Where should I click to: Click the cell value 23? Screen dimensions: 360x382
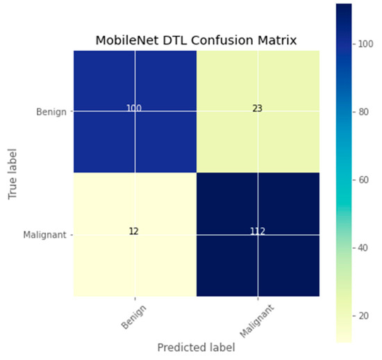(258, 109)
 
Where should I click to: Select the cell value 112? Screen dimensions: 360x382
(258, 231)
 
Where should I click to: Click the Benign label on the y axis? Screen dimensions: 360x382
(52, 111)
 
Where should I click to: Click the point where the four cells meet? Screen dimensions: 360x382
(197, 172)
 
